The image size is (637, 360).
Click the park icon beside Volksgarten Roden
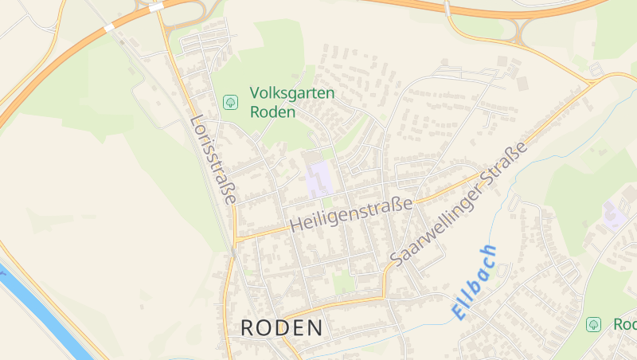(230, 102)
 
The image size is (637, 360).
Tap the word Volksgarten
(292, 94)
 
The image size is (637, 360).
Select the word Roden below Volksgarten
(272, 112)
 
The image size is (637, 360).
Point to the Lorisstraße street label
(213, 159)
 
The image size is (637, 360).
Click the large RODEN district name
(282, 327)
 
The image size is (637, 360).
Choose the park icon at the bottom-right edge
(593, 324)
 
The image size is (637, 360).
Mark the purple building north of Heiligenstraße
(319, 180)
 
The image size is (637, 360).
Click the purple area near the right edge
(614, 214)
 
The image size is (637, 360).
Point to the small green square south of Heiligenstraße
(342, 282)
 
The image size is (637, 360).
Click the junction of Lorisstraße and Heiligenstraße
(236, 239)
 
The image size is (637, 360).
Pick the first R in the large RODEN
(248, 327)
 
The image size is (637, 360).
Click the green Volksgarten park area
(263, 64)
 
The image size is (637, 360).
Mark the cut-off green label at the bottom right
(624, 324)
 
